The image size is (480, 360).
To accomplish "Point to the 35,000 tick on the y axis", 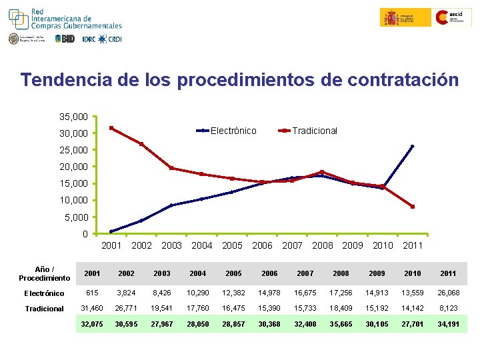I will [x=73, y=116].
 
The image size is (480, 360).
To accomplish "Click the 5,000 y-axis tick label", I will [x=76, y=217].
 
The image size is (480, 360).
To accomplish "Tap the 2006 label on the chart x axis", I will [x=262, y=245].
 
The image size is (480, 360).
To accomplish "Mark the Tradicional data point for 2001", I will [x=111, y=128].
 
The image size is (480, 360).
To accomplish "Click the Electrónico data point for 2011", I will [x=413, y=146].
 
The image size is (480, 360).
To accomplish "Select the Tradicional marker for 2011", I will [x=413, y=207].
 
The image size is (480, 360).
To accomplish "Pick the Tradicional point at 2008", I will [x=322, y=172].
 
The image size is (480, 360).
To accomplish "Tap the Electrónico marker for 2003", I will [x=171, y=205].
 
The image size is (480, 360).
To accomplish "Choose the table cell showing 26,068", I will [x=448, y=293].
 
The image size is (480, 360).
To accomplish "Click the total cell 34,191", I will [x=448, y=325].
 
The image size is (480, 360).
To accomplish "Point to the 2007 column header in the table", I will [x=305, y=274].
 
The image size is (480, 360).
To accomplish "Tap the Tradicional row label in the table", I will [x=44, y=309].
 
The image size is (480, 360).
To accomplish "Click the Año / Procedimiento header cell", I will [x=44, y=273].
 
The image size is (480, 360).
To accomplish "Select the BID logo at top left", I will [x=65, y=39].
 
